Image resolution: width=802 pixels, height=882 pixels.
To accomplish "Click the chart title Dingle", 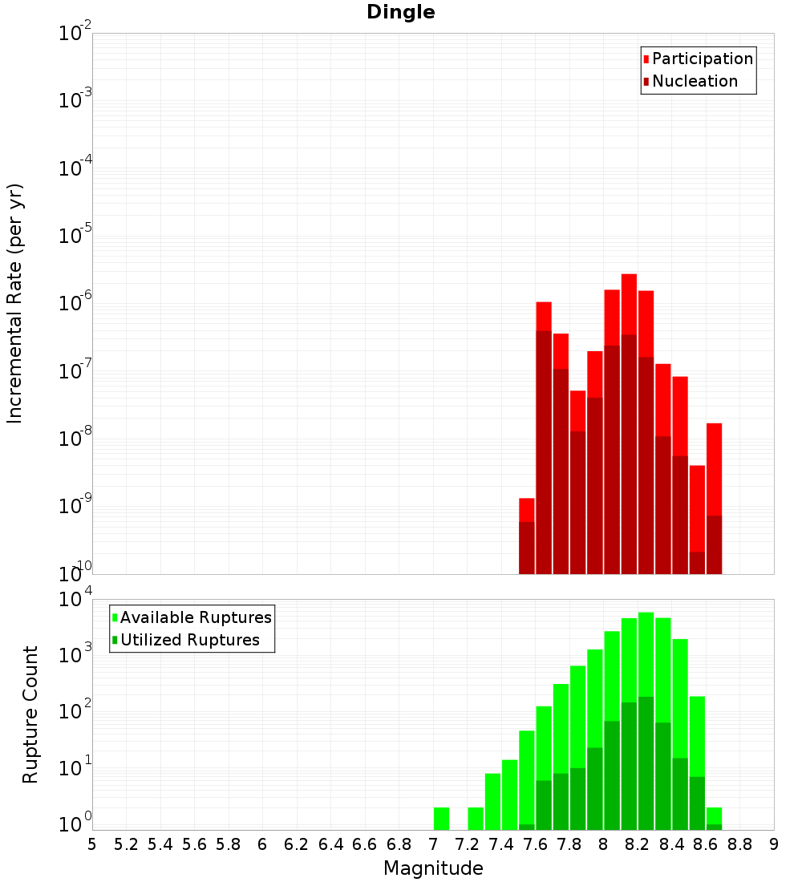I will coord(400,13).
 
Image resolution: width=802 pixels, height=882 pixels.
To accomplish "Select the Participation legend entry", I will coord(703,59).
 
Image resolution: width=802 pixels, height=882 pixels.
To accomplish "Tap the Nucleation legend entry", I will coord(695,82).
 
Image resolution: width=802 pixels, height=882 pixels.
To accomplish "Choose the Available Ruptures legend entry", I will coord(196,618).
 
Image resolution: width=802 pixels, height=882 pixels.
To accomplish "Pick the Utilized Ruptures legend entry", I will coord(189,641).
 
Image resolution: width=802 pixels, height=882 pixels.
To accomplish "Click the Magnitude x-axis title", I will coord(433,868).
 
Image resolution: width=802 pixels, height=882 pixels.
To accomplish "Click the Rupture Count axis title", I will coord(30,714).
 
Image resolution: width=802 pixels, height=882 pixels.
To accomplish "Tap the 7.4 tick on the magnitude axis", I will coord(501,844).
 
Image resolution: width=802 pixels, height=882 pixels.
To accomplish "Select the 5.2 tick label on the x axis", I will coord(126,844).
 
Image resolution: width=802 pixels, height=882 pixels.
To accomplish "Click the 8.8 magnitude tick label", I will coord(740,844).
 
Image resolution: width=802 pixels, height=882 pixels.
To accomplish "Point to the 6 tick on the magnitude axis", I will coord(262,844).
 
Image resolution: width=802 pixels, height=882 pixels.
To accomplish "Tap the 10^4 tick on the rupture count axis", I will coord(74,600).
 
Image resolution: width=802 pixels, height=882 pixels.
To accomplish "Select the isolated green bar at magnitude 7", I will coord(441,818).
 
